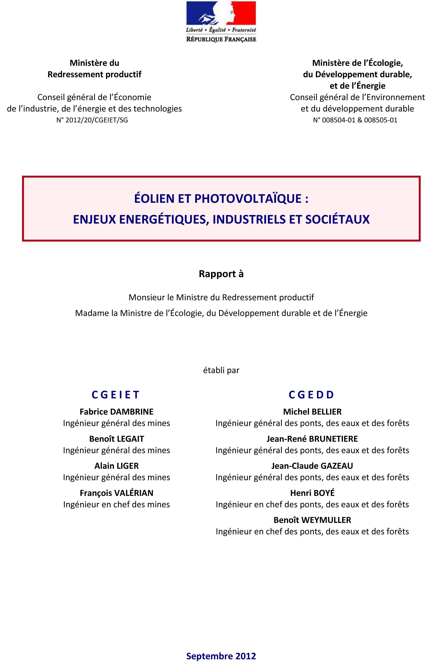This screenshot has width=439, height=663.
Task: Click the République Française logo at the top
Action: click(221, 22)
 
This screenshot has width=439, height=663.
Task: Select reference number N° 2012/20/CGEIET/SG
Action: click(92, 120)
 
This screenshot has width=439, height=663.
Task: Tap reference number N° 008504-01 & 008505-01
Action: click(355, 120)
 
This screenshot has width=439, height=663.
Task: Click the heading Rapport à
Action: click(221, 274)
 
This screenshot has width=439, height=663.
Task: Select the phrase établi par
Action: click(221, 370)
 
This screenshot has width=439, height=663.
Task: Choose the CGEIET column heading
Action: click(116, 395)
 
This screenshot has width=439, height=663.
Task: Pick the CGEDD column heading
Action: click(312, 395)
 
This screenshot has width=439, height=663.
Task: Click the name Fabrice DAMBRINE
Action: click(116, 412)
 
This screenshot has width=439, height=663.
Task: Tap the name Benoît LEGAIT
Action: click(116, 439)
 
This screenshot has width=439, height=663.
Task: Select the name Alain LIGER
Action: click(116, 466)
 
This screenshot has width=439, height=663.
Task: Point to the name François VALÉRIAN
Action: click(116, 493)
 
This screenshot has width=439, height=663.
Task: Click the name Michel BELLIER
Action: click(312, 412)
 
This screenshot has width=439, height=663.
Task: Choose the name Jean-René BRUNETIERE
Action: click(312, 439)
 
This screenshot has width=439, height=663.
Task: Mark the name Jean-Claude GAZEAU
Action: click(312, 466)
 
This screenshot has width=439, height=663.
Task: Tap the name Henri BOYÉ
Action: click(312, 493)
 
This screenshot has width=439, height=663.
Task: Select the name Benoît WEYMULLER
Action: click(312, 520)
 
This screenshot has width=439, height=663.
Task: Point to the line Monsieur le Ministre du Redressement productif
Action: click(221, 297)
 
